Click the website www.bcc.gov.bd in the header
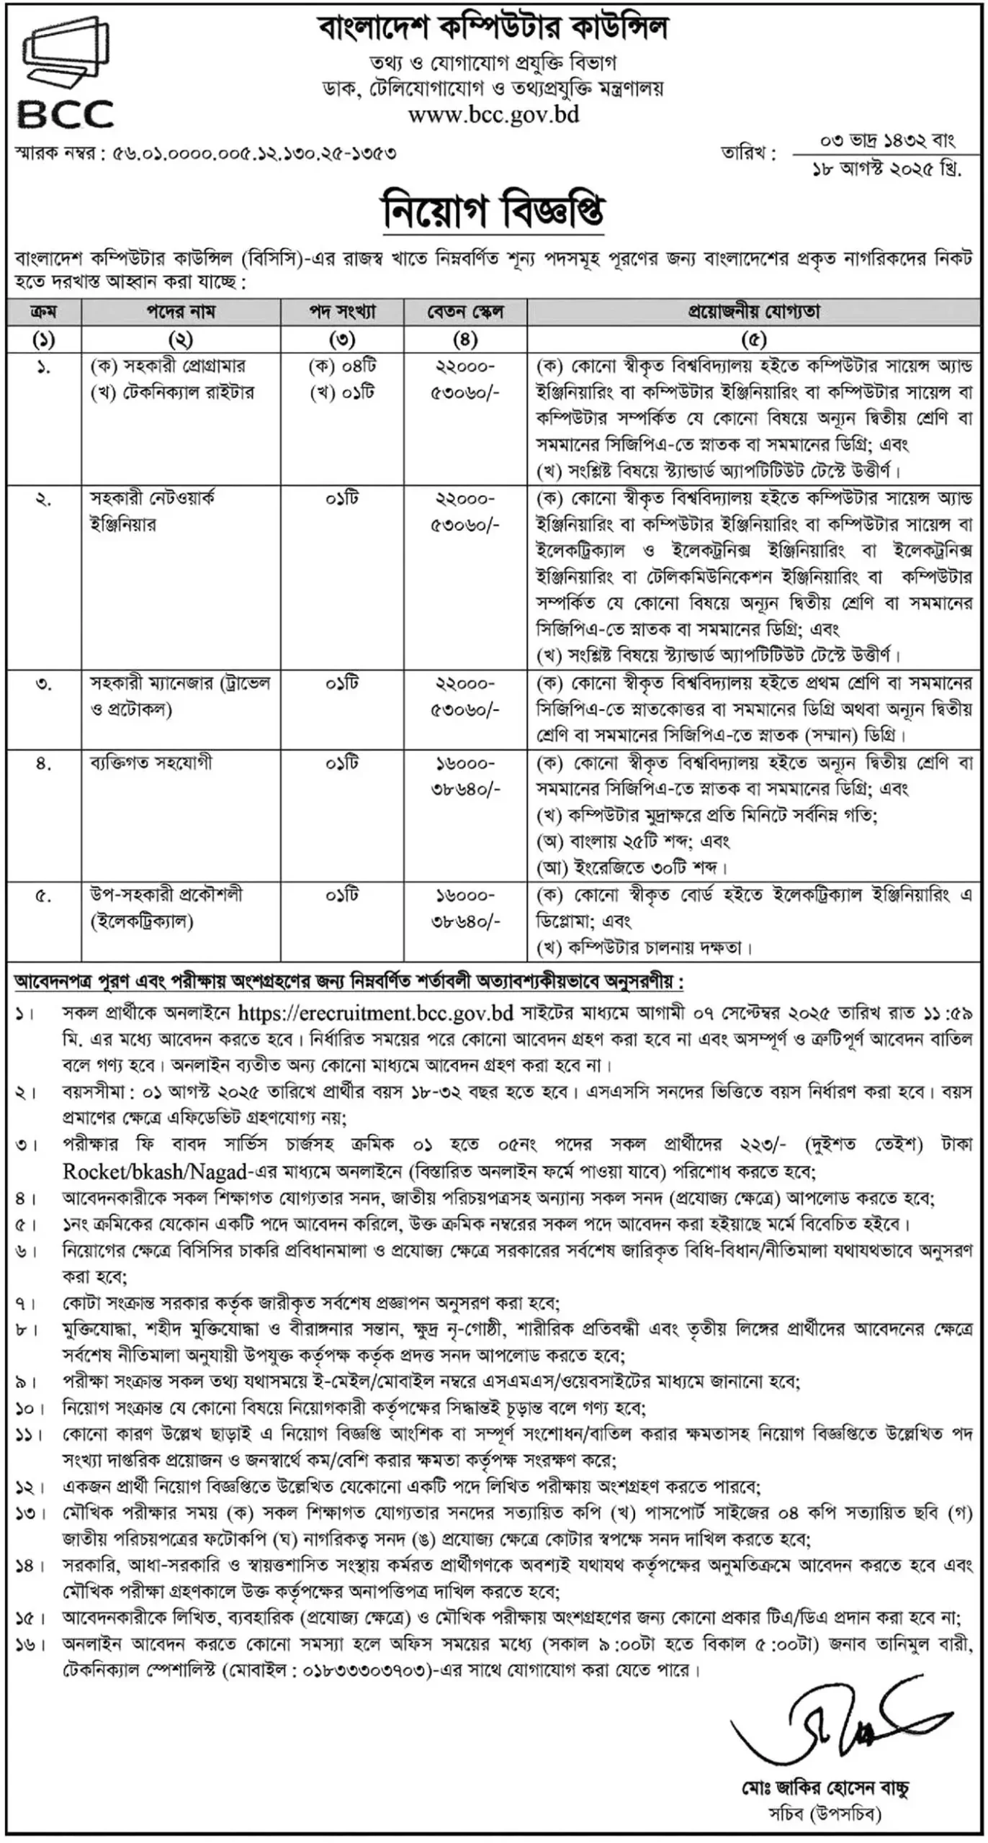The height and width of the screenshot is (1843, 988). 493,114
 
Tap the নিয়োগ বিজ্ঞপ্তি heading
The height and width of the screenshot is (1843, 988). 493,211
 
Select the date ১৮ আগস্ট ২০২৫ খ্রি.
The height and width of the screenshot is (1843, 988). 886,170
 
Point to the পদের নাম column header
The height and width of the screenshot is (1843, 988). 181,312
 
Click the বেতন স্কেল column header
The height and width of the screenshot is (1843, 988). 465,312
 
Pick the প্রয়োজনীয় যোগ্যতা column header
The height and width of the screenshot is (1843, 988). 753,312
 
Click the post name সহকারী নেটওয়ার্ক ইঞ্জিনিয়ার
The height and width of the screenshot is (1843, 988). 152,511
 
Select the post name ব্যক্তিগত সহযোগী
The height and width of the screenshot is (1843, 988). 151,762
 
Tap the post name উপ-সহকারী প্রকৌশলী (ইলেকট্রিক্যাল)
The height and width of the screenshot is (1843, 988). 166,908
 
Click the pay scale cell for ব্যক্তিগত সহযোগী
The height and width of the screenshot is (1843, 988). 465,776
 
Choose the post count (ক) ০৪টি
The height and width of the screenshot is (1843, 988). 342,366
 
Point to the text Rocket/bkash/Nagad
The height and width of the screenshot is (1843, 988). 155,1171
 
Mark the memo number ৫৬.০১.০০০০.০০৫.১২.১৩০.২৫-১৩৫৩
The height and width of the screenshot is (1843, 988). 254,154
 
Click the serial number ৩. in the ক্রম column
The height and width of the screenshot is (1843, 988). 44,683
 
